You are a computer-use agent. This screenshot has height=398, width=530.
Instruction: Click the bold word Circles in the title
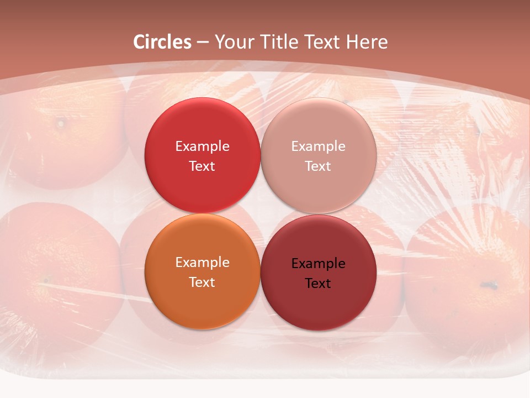[x=162, y=42]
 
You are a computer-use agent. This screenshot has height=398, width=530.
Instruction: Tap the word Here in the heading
[x=367, y=42]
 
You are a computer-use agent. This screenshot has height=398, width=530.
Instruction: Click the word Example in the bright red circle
[x=202, y=146]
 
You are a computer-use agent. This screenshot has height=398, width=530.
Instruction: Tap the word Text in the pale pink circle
[x=318, y=166]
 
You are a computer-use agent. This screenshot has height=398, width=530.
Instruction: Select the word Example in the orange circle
[x=202, y=262]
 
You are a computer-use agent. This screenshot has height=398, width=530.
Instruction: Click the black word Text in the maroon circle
[x=318, y=283]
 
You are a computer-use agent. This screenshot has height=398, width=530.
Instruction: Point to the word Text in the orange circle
[x=202, y=282]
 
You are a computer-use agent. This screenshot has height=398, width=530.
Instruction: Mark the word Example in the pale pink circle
[x=318, y=146]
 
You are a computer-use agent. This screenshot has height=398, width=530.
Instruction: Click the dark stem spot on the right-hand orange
[x=488, y=285]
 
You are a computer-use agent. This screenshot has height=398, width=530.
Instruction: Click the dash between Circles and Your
[x=203, y=42]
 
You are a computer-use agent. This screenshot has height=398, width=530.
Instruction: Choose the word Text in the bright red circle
[x=202, y=166]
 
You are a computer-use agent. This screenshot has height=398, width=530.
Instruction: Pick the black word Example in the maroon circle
[x=318, y=263]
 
